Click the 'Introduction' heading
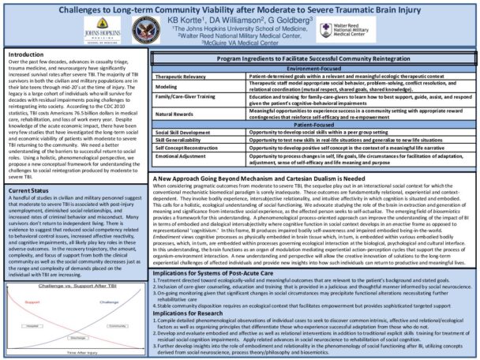tap(25, 54)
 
